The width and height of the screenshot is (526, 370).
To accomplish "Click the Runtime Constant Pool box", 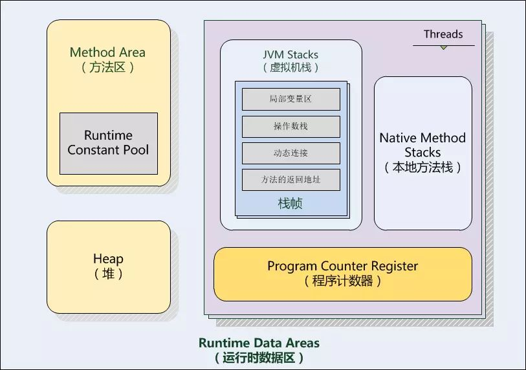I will pyautogui.click(x=108, y=143).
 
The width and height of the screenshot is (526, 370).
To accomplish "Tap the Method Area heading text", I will pyautogui.click(x=107, y=52).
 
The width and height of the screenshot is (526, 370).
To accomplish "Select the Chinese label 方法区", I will pyautogui.click(x=107, y=67).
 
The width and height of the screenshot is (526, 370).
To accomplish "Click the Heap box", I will pyautogui.click(x=108, y=267).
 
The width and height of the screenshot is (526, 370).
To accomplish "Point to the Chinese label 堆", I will pyautogui.click(x=108, y=274).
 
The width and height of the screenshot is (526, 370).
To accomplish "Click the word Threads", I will pyautogui.click(x=443, y=34).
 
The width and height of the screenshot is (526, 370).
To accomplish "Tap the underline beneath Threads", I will pyautogui.click(x=443, y=45).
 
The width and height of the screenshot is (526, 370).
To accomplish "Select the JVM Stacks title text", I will pyautogui.click(x=290, y=54).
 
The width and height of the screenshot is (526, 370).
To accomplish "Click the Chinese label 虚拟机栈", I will pyautogui.click(x=290, y=67).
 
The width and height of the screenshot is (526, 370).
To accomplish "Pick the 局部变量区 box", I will pyautogui.click(x=290, y=99).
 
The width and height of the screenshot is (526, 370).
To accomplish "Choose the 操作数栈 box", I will pyautogui.click(x=290, y=126).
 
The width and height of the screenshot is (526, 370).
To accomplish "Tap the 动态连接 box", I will pyautogui.click(x=290, y=153).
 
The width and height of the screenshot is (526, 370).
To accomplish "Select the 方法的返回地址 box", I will pyautogui.click(x=290, y=180).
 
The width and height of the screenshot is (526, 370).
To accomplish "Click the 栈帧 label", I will pyautogui.click(x=290, y=204).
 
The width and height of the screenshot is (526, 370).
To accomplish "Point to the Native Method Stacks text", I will pyautogui.click(x=422, y=145).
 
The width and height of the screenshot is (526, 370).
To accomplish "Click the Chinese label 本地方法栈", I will pyautogui.click(x=422, y=167).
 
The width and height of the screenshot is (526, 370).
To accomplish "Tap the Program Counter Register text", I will pyautogui.click(x=342, y=266).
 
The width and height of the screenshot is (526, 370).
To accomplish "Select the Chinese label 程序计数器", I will pyautogui.click(x=342, y=281).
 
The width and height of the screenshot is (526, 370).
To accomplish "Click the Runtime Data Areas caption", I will pyautogui.click(x=259, y=343).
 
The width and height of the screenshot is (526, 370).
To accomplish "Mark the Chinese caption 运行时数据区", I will pyautogui.click(x=259, y=357).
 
